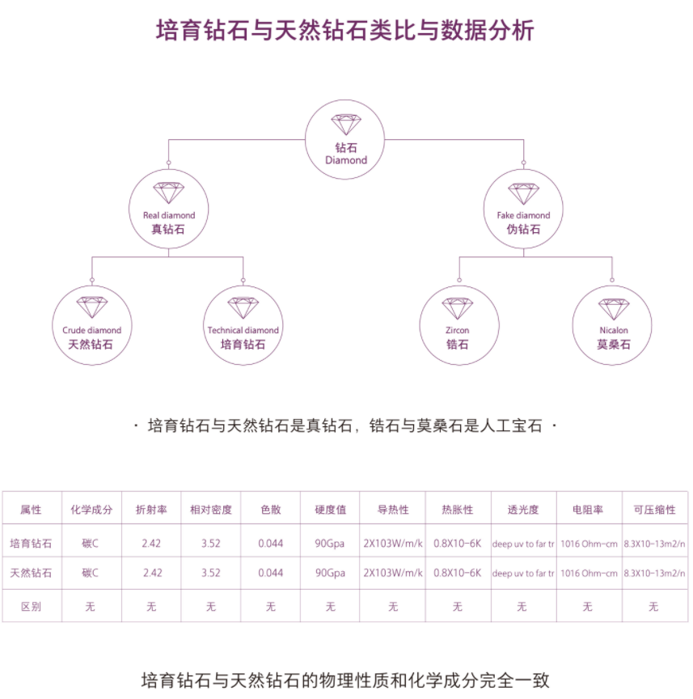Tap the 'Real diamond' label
(168, 215)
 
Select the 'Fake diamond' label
(522, 215)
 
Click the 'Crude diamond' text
(91, 330)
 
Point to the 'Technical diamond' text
(243, 330)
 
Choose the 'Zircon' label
(457, 330)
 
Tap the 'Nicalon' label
(613, 330)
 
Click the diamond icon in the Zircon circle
(457, 308)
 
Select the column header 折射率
(151, 510)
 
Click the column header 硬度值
(330, 510)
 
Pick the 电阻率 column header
(587, 510)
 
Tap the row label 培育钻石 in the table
(31, 543)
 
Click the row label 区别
(31, 606)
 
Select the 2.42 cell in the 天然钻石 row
(151, 574)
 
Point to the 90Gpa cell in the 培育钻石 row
(330, 543)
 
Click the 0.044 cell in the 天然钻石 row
(270, 574)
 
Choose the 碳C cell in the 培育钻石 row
(91, 543)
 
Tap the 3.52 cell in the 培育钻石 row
(210, 543)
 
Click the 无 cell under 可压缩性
(653, 606)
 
